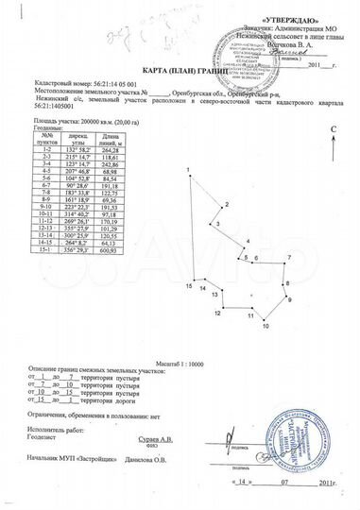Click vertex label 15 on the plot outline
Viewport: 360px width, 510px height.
(189, 285)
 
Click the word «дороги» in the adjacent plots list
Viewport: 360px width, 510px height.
(122, 403)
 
